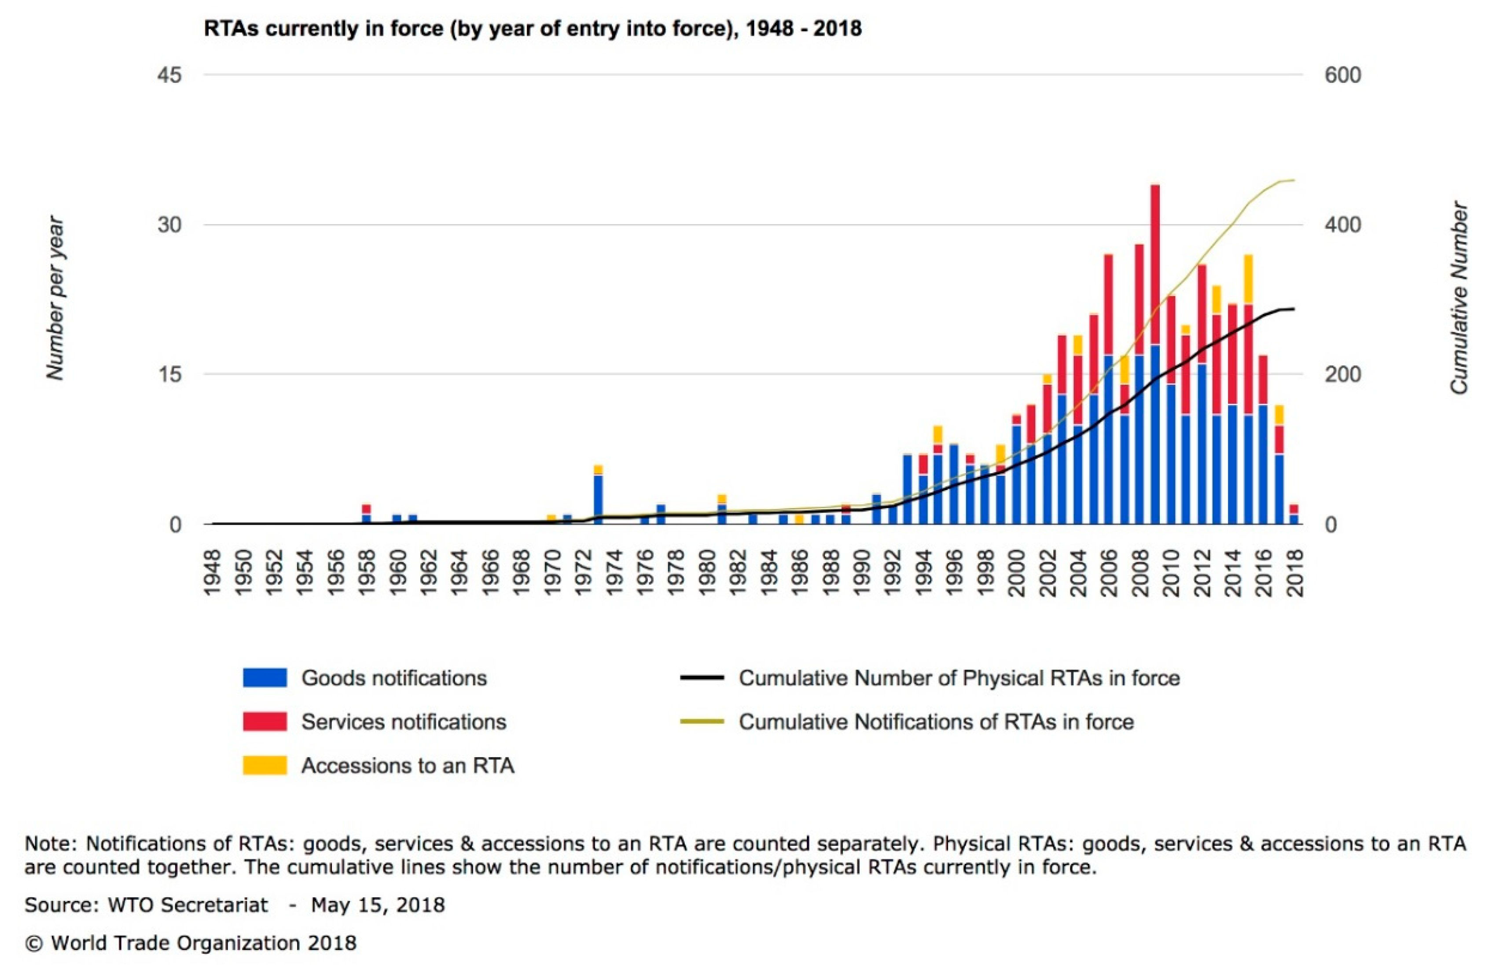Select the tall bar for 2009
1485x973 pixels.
pos(1155,354)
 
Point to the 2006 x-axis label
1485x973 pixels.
pos(1109,573)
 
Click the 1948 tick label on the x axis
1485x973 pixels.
pos(213,573)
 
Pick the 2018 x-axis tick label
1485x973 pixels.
pos(1295,573)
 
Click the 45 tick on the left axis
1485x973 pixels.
pos(170,76)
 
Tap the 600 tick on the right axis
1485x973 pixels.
pos(1342,76)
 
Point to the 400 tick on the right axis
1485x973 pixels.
pos(1342,225)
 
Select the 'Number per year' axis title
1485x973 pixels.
pos(55,298)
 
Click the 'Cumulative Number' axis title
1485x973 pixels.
pos(1458,298)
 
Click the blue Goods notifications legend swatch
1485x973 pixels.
pos(265,677)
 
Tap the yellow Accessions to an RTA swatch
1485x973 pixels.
pos(265,765)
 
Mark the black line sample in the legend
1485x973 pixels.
pos(702,677)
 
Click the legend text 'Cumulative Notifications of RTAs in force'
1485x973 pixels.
pos(936,722)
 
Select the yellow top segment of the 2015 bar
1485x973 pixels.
pos(1248,280)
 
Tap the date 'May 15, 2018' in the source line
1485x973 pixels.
pos(378,905)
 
